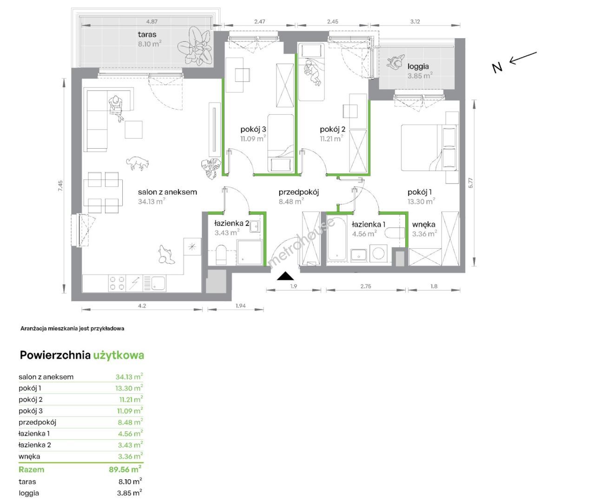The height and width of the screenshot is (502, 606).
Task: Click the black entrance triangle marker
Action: pos(285,276)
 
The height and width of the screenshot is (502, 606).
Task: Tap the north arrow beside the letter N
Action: pos(523,58)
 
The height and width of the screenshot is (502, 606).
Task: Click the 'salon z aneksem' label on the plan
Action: pos(167,192)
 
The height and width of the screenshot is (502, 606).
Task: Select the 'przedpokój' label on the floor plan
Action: pos(299,192)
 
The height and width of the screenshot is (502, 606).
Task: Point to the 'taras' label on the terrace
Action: pos(147,34)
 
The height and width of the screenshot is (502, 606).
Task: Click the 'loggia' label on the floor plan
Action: pos(418,66)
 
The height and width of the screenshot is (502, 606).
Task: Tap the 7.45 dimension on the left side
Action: pos(60,186)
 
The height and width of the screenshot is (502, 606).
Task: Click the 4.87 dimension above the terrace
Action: pos(152,21)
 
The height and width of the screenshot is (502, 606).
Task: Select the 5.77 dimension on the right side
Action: pos(470,183)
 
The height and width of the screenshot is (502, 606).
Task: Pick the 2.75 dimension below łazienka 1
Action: pos(366,286)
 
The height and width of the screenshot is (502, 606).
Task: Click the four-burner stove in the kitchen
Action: pos(117,284)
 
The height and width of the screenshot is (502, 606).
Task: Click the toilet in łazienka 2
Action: pos(221,255)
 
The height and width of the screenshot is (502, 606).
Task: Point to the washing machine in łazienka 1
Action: pos(378,253)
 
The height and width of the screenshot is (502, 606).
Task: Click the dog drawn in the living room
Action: pos(138,163)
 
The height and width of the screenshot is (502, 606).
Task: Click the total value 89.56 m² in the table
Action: pos(125,469)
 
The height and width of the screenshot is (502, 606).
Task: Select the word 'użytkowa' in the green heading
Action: pos(119,356)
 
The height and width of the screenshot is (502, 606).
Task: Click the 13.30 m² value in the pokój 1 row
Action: pos(129,388)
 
